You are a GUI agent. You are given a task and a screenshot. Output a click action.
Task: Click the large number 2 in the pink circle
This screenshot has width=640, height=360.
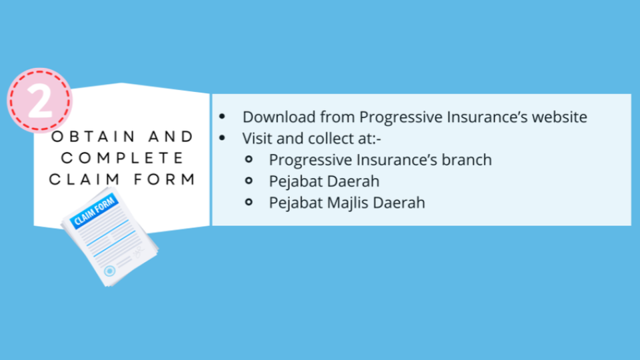[x=39, y=101]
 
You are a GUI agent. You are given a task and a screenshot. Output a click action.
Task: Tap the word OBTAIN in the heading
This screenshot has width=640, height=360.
[x=93, y=136]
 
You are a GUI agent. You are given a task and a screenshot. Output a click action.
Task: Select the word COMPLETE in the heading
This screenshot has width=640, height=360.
[x=123, y=158]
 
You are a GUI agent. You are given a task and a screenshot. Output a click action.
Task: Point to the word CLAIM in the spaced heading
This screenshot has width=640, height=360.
[x=84, y=179]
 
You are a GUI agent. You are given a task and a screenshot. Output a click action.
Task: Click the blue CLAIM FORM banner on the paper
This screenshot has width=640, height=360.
[x=94, y=210]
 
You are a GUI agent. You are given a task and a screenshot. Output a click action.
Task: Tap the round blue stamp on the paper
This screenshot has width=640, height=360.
[x=109, y=271]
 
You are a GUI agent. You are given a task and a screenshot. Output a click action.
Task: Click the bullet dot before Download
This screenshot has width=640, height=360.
[x=222, y=117]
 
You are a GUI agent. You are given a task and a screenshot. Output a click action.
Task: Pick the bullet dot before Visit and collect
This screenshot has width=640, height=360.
[x=222, y=138]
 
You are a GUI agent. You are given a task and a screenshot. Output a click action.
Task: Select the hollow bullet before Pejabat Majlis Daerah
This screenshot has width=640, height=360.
[x=249, y=202]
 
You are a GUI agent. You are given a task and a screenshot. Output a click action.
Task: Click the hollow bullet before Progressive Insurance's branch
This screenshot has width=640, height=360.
[x=249, y=159]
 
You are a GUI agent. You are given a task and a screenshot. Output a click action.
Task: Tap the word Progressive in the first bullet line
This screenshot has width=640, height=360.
[x=401, y=117]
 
